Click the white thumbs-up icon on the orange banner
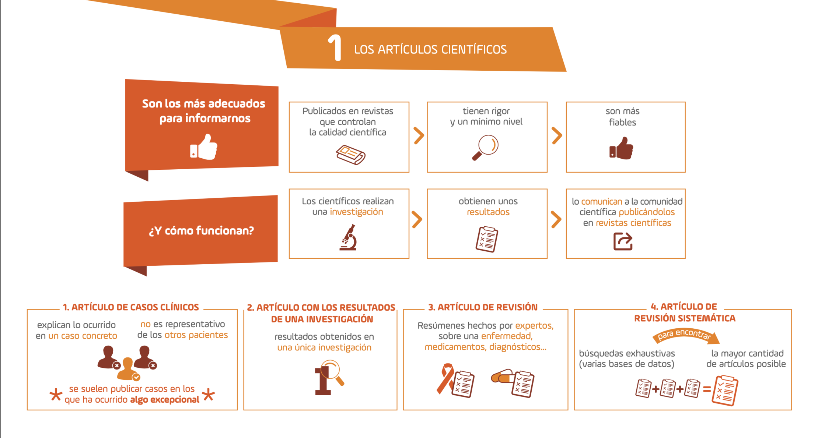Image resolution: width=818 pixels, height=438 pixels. pyautogui.click(x=204, y=147)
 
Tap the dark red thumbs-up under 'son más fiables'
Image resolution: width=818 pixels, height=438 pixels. pyautogui.click(x=621, y=148)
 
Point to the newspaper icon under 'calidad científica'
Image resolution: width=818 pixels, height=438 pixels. pyautogui.click(x=350, y=155)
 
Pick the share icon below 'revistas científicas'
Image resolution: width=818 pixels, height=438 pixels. pyautogui.click(x=623, y=241)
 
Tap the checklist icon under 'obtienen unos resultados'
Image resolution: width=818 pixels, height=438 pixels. pyautogui.click(x=487, y=240)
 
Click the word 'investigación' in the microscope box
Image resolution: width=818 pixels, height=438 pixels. pyautogui.click(x=356, y=212)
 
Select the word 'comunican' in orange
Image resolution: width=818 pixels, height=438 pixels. pyautogui.click(x=601, y=202)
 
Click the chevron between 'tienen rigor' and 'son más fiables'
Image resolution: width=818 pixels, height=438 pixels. pyautogui.click(x=557, y=136)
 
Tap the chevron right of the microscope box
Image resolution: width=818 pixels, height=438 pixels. pyautogui.click(x=417, y=220)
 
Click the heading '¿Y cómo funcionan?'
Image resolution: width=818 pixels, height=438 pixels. pyautogui.click(x=201, y=231)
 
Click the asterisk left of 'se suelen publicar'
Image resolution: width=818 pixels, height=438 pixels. pyautogui.click(x=56, y=395)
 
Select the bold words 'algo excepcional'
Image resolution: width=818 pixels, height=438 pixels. pyautogui.click(x=165, y=400)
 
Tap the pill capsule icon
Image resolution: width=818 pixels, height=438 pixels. pyautogui.click(x=502, y=377)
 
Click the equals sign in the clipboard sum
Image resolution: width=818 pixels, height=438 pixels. pyautogui.click(x=707, y=389)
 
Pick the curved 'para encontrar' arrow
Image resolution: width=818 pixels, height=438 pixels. pyautogui.click(x=685, y=335)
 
